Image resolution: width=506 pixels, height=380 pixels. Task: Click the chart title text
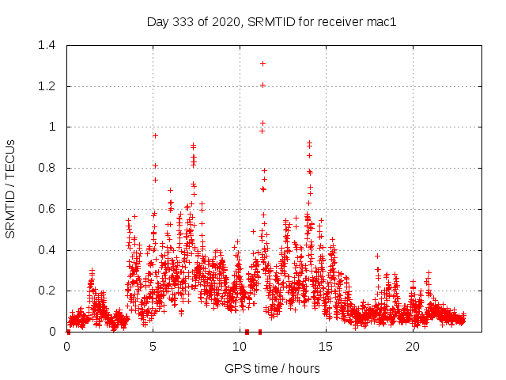(x=271, y=21)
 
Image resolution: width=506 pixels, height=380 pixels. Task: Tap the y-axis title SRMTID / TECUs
(x=10, y=188)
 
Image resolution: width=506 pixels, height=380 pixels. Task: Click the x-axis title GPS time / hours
(x=272, y=368)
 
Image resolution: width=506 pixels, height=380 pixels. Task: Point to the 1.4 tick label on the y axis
(x=49, y=45)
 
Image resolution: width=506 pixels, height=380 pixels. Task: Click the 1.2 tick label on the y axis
(x=49, y=86)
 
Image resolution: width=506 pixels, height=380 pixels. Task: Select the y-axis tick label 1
(x=55, y=127)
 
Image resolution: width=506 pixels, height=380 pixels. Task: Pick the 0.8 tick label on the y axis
(x=49, y=168)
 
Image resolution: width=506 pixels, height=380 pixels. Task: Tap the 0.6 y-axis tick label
(x=49, y=209)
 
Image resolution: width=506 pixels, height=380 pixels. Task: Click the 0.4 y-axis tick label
(x=49, y=250)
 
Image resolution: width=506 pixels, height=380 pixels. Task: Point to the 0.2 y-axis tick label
(x=49, y=291)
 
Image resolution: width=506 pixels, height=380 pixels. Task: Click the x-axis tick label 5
(x=153, y=347)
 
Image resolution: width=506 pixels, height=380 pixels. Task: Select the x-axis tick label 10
(x=240, y=347)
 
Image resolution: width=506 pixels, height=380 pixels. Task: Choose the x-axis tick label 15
(x=327, y=347)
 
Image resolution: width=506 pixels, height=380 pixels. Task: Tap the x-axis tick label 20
(x=413, y=347)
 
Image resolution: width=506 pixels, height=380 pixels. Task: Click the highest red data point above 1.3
(x=262, y=63)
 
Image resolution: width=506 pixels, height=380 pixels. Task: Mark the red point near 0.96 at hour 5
(x=155, y=135)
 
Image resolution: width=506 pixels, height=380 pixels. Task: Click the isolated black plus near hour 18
(x=377, y=256)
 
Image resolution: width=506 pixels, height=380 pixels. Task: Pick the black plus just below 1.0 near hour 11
(x=262, y=131)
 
